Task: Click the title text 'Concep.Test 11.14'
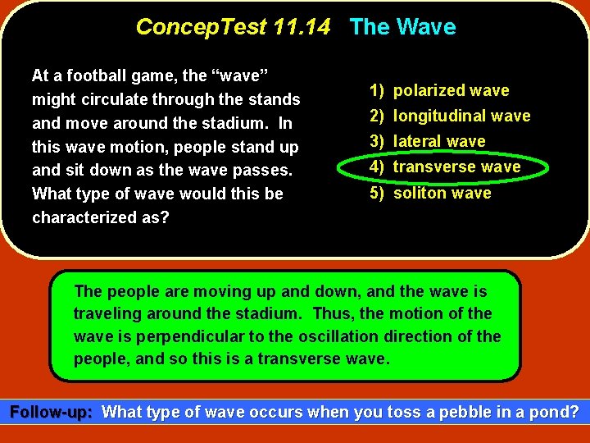coord(233,27)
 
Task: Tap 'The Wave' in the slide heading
coord(402,27)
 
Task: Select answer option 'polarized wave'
coord(451,90)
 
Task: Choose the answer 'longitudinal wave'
coord(461,116)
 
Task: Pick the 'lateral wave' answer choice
coord(439,141)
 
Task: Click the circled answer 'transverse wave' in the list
coord(456,167)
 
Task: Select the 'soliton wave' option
coord(442,193)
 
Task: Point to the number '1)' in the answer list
coord(377,90)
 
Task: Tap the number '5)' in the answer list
coord(377,193)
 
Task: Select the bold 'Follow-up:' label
coord(51,412)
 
